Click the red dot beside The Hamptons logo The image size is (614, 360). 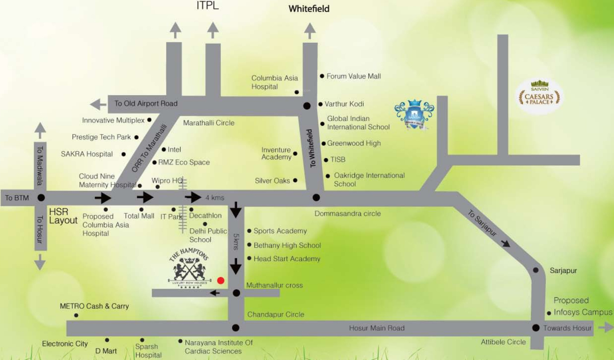[x=220, y=280]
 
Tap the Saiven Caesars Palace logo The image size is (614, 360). [x=539, y=96]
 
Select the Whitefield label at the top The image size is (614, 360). [x=309, y=9]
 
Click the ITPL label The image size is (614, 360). [x=207, y=6]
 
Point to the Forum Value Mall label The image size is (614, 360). [x=353, y=76]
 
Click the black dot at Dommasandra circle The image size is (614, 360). [x=316, y=197]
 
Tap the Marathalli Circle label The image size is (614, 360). [x=208, y=123]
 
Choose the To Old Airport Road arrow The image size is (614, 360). [x=98, y=104]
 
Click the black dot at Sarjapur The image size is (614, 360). [x=536, y=270]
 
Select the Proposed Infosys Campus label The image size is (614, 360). [x=582, y=306]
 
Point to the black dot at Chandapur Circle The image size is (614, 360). [x=236, y=328]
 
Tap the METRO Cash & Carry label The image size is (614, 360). [x=94, y=306]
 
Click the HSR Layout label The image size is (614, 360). [x=63, y=216]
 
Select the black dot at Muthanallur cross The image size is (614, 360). [x=236, y=293]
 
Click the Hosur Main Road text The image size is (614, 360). [x=376, y=328]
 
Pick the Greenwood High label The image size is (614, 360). [x=354, y=143]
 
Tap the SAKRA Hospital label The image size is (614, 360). [x=87, y=154]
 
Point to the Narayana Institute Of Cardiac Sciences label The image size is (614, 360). [x=218, y=347]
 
